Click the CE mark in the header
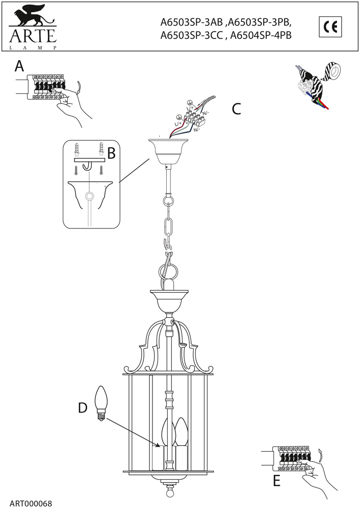330,27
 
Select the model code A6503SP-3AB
191,22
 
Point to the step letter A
19,66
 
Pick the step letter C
236,109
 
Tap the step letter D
83,407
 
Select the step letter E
276,480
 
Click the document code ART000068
31,503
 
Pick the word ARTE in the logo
31,36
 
